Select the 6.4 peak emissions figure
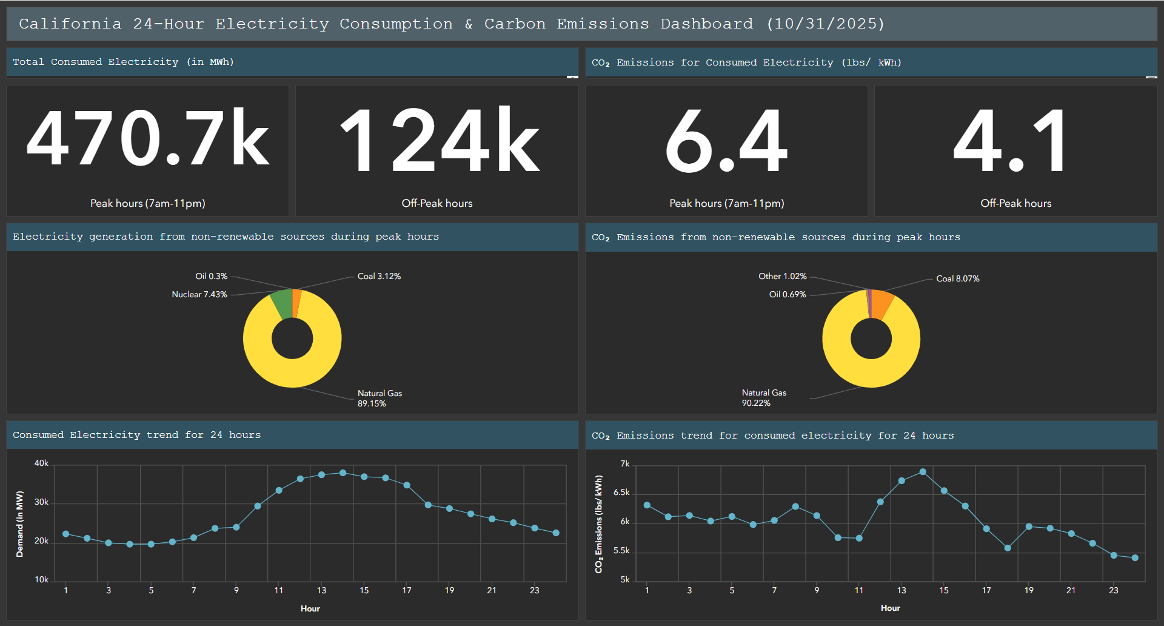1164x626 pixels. tap(726, 141)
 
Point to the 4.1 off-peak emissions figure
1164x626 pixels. tap(1009, 141)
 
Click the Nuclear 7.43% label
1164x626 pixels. tap(199, 294)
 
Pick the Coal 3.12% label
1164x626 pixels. tap(379, 276)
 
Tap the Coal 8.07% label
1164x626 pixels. tap(957, 278)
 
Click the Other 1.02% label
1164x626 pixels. tap(782, 276)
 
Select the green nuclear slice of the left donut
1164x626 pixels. tap(282, 303)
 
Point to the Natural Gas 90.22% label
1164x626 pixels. tap(763, 398)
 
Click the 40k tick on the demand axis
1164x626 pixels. tap(41, 463)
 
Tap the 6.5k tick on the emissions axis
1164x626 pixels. tap(621, 492)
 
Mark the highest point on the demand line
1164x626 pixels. tap(343, 473)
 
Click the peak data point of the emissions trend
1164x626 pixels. tap(923, 471)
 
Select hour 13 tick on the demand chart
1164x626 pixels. tap(321, 590)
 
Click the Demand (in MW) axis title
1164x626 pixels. tap(20, 523)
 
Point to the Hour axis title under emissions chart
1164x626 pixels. tap(890, 608)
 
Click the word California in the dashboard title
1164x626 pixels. tap(70, 24)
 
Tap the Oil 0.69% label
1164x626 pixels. tap(787, 294)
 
